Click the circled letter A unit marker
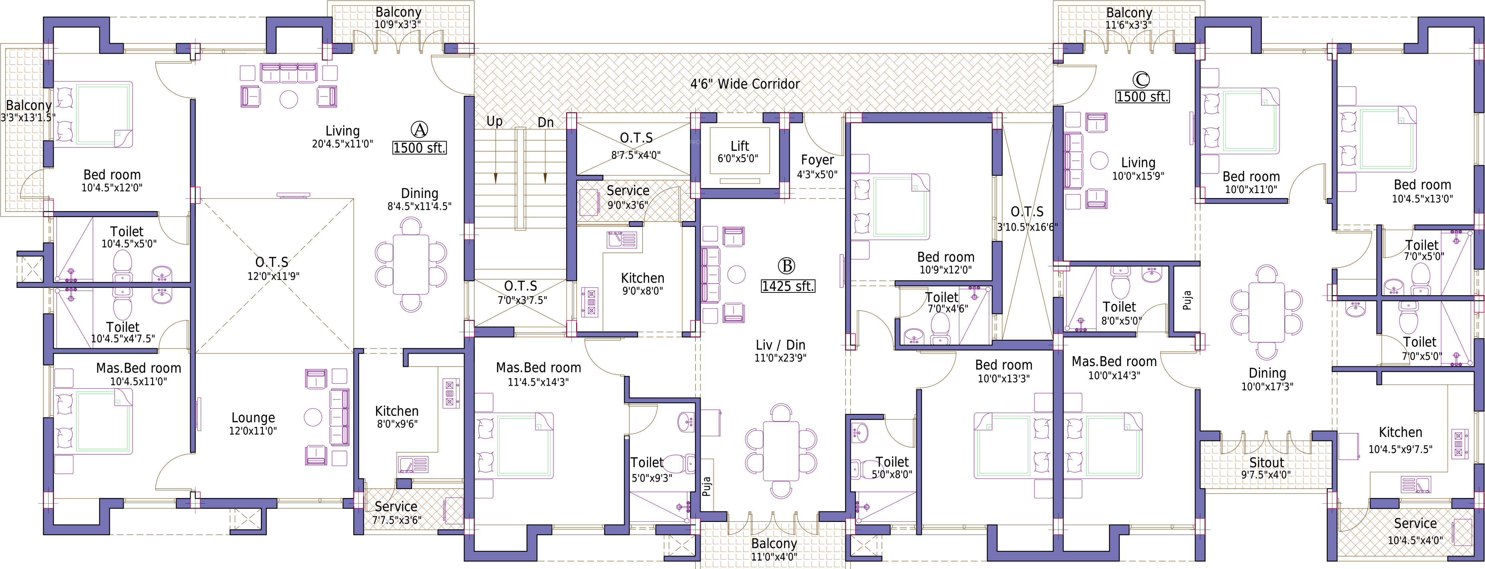click(419, 130)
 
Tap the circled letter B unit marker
click(786, 266)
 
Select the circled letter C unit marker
click(1141, 79)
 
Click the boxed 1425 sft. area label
click(788, 286)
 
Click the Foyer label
click(817, 160)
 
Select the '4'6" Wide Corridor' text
click(745, 84)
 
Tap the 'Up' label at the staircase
click(495, 121)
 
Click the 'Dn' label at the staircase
click(545, 123)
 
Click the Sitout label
click(1267, 463)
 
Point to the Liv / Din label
click(781, 345)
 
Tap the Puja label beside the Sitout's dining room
click(1187, 300)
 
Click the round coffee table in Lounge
click(313, 418)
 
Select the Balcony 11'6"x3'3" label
click(1129, 18)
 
